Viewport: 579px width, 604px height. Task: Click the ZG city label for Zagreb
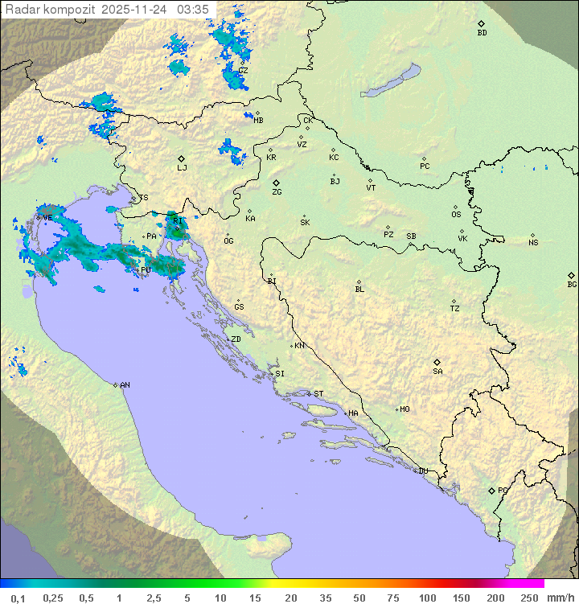(x=277, y=192)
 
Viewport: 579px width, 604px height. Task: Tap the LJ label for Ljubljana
(x=182, y=167)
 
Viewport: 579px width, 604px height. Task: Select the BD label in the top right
(x=482, y=33)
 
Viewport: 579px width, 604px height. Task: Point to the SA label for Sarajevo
(x=437, y=372)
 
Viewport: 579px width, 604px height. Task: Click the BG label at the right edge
(x=572, y=284)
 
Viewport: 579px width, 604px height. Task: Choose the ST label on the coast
(x=318, y=393)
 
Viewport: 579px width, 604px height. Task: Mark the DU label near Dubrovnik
(x=422, y=471)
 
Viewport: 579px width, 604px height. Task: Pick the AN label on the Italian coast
(x=125, y=385)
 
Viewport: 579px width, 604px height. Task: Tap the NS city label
(x=533, y=243)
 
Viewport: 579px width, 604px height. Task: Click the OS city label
(x=456, y=215)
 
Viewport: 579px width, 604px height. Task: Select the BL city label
(x=359, y=290)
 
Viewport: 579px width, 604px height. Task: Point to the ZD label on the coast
(x=236, y=339)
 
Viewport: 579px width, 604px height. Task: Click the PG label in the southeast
(x=503, y=490)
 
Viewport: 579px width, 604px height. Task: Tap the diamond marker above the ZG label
(x=276, y=183)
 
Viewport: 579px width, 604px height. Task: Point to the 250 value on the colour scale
(x=528, y=598)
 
